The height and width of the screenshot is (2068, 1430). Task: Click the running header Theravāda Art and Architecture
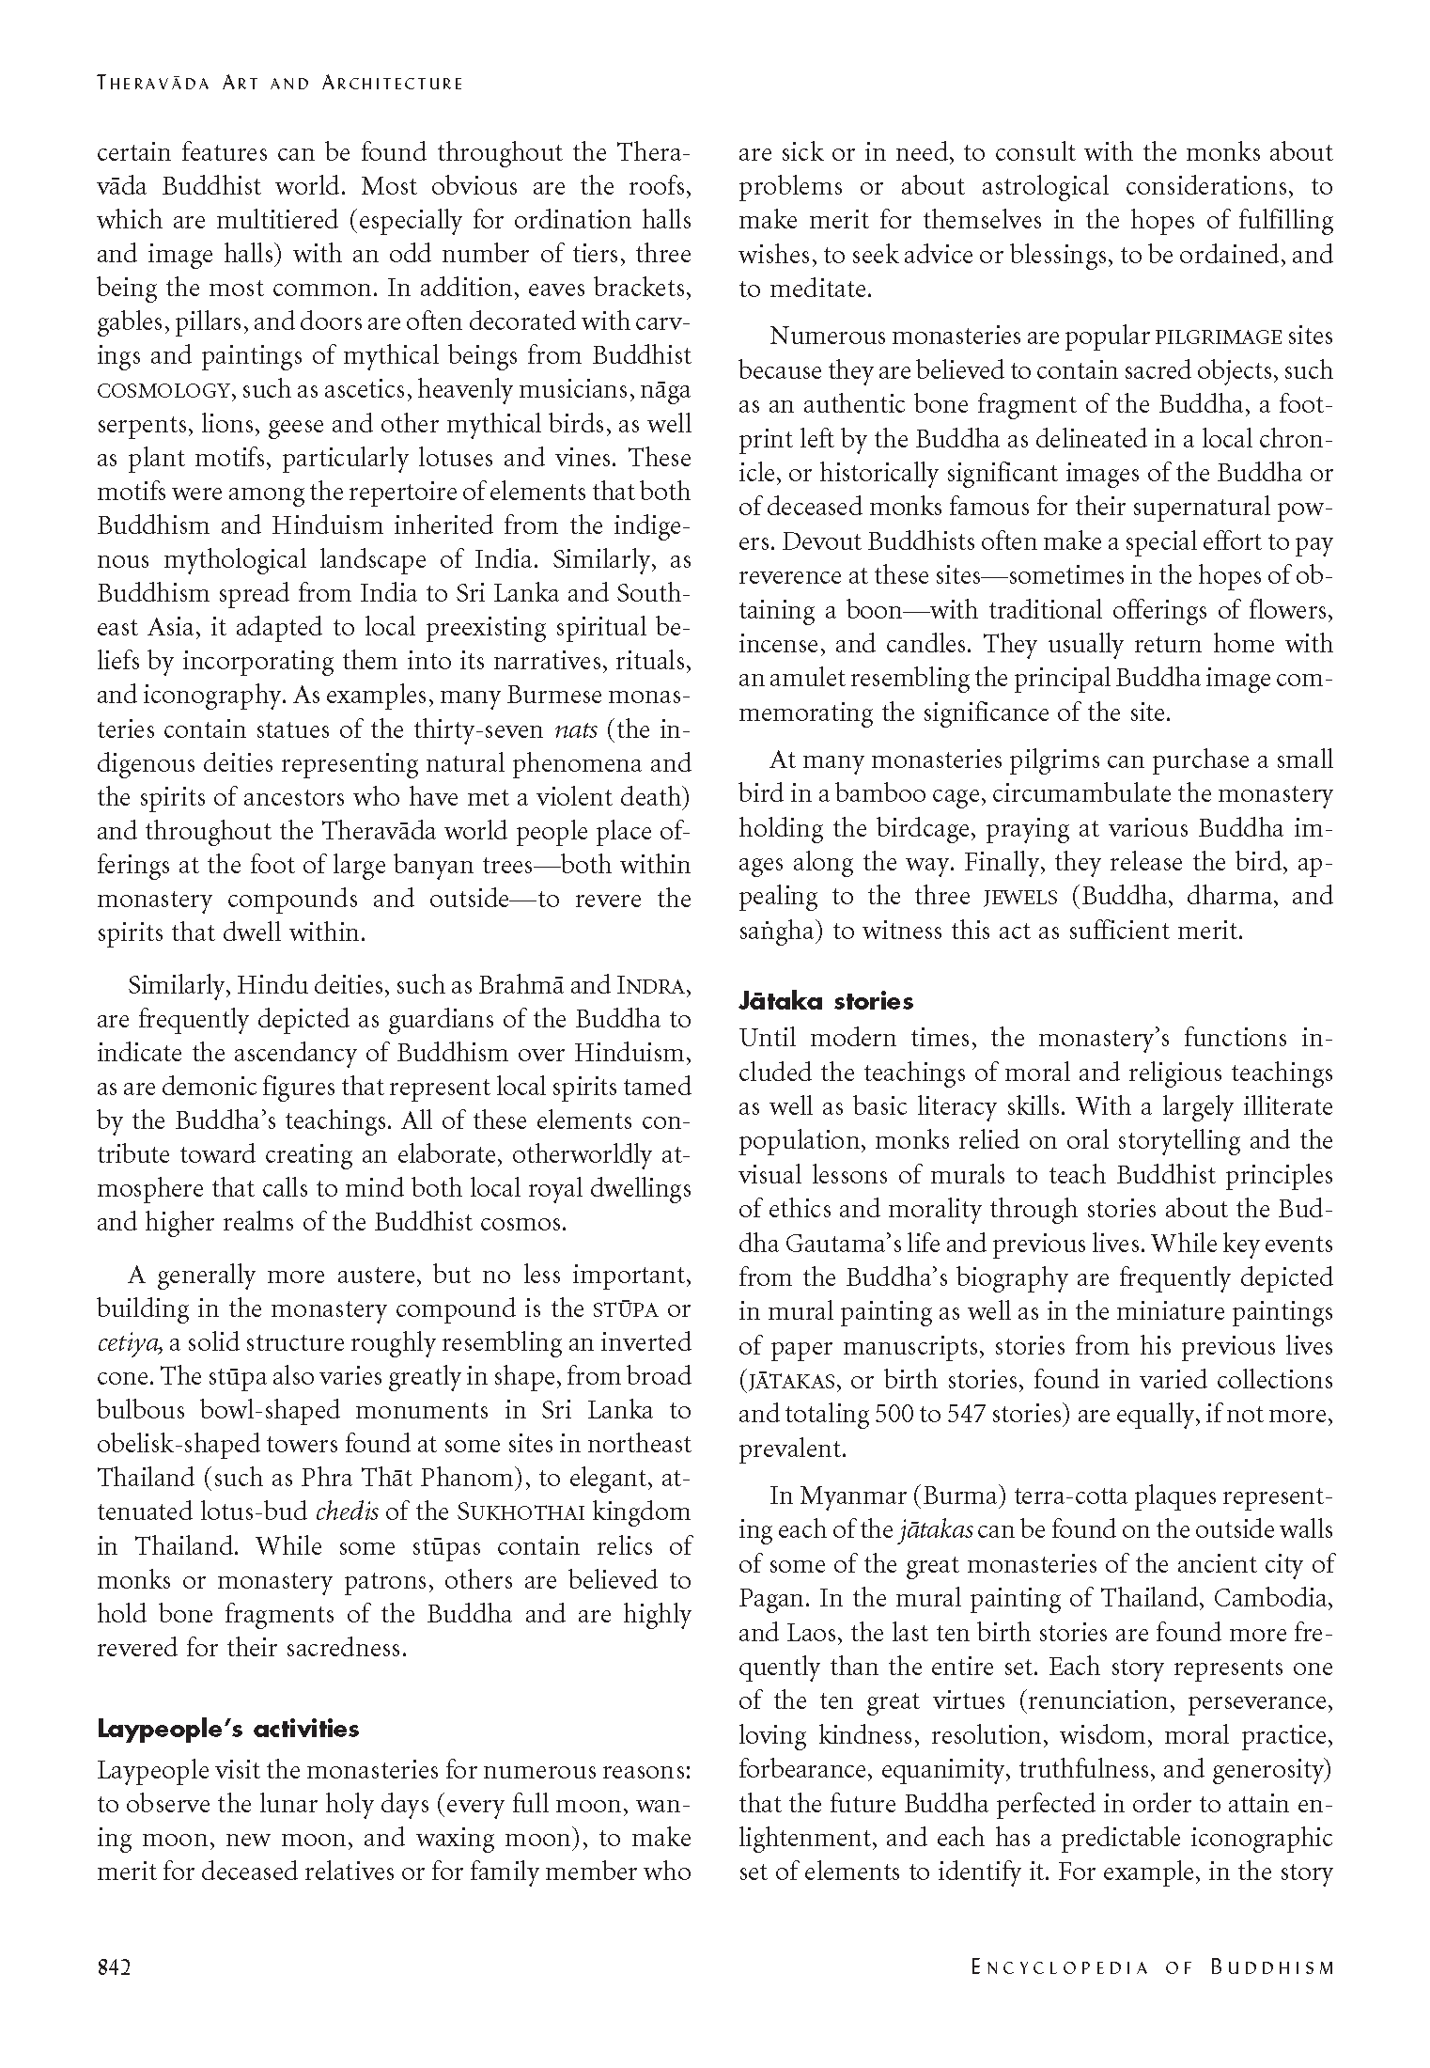pos(280,83)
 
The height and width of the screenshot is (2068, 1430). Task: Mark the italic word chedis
pos(346,1512)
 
